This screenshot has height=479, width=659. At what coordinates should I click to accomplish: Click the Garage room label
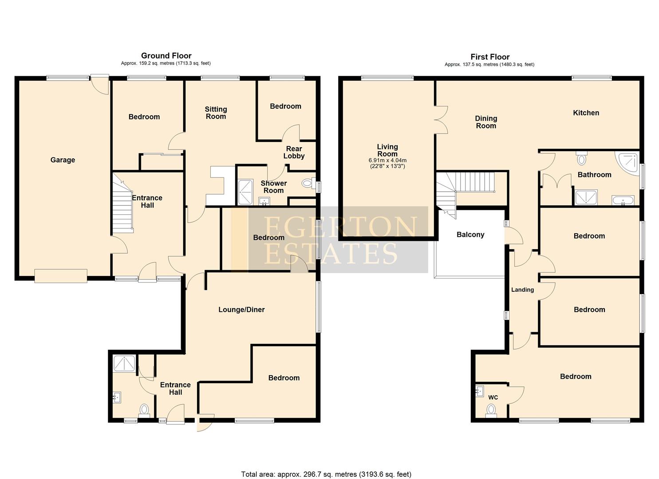tap(63, 160)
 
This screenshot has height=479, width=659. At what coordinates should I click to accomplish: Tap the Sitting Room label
tap(216, 113)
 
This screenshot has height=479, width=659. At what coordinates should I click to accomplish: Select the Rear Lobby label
tap(294, 152)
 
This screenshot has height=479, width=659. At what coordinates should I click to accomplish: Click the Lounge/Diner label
tap(241, 310)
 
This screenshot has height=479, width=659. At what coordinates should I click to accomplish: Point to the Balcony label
tap(470, 235)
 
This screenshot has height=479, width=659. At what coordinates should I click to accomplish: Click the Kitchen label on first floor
tap(586, 113)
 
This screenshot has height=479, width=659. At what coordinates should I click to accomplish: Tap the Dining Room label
tap(486, 122)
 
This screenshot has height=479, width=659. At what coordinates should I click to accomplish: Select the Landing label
tap(522, 290)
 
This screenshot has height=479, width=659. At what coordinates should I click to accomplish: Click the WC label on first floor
tap(493, 397)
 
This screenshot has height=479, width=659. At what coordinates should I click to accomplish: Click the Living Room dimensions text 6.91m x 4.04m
tap(387, 161)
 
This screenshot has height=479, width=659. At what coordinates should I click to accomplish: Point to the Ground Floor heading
tap(166, 55)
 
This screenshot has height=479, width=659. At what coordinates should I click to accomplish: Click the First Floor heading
tap(490, 57)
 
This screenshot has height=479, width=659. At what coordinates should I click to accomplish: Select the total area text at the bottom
tap(326, 474)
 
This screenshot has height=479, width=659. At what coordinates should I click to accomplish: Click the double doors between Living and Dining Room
tap(441, 120)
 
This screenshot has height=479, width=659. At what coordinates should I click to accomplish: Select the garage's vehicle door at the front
tap(61, 275)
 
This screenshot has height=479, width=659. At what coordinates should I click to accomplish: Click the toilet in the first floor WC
tap(491, 411)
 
